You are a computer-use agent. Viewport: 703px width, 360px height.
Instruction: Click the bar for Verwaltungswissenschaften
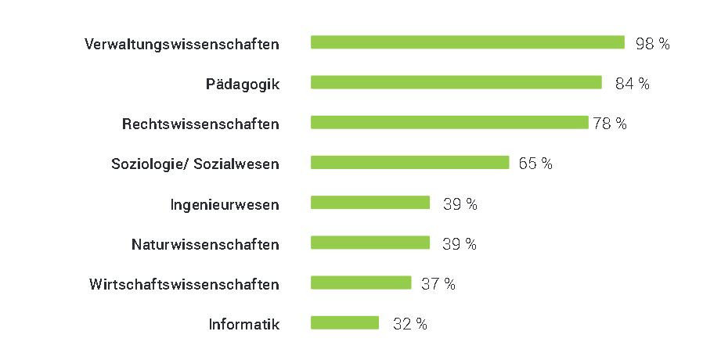click(x=467, y=42)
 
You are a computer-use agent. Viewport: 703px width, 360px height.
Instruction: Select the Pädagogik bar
click(x=456, y=82)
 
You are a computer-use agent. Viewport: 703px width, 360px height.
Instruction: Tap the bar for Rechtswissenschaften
click(x=449, y=123)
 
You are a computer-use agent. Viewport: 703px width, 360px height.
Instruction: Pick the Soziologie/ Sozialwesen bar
click(x=410, y=163)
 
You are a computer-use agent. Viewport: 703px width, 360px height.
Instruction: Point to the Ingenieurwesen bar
click(x=370, y=203)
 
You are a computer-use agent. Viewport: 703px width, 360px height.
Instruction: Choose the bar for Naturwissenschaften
click(x=370, y=243)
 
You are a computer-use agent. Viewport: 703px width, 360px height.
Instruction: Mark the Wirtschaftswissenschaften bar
click(x=361, y=283)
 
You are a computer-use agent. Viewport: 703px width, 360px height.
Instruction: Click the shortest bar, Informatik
click(x=344, y=322)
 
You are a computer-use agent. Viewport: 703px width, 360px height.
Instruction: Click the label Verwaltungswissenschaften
click(x=182, y=44)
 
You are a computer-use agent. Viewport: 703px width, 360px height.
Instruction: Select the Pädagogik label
click(x=243, y=84)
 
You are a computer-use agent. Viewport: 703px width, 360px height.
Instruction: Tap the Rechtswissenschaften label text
click(x=200, y=124)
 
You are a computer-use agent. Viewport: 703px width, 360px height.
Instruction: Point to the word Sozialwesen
click(x=241, y=164)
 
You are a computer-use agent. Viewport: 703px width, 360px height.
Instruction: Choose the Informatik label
click(x=243, y=323)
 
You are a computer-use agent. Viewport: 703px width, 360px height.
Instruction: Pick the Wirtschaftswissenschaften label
click(x=184, y=283)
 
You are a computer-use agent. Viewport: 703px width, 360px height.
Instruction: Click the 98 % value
click(x=652, y=44)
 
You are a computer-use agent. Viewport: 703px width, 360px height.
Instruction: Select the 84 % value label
click(x=632, y=84)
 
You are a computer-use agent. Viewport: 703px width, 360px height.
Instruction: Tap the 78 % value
click(x=610, y=124)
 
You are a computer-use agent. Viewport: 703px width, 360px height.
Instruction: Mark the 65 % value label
click(x=535, y=164)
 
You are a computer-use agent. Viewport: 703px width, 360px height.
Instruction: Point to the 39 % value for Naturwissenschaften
click(x=460, y=243)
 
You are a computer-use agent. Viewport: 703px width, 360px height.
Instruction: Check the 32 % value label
click(x=409, y=324)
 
